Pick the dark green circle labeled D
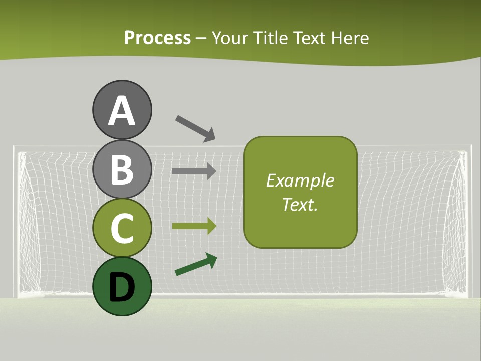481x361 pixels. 122,286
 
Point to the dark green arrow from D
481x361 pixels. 196,264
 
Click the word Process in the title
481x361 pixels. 157,38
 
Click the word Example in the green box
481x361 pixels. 300,180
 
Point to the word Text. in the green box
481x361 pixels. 300,205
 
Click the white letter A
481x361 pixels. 122,111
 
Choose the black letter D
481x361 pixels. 122,287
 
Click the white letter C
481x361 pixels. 122,228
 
